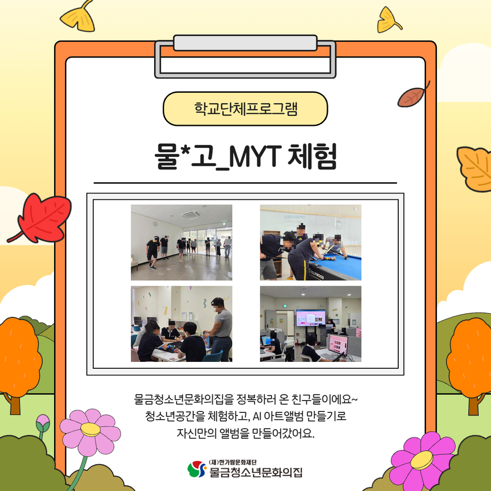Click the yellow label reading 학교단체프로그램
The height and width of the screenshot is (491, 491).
coord(245,109)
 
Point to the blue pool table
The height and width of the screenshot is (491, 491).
coord(339,265)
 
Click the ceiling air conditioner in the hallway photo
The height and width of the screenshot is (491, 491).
coord(191,215)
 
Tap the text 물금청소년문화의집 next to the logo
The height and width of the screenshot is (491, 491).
coord(255,473)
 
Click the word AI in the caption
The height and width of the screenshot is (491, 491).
coord(256,416)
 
